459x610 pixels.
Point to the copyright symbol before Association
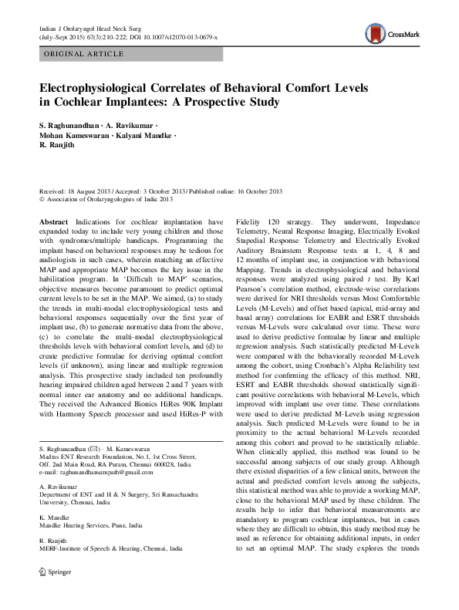pos(42,198)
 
